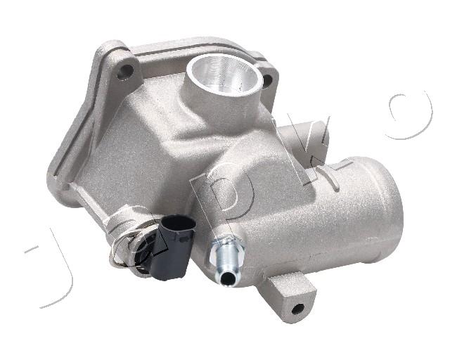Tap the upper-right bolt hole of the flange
click(x=267, y=81)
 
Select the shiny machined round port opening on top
click(x=225, y=73)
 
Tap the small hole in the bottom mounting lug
click(x=297, y=309)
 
